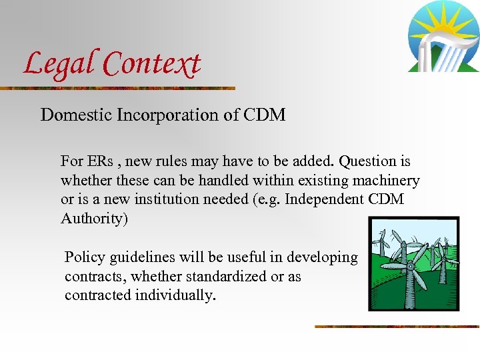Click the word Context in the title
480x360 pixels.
point(152,65)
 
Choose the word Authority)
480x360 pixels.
point(94,219)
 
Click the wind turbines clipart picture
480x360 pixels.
point(413,264)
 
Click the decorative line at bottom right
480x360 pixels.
point(397,327)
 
